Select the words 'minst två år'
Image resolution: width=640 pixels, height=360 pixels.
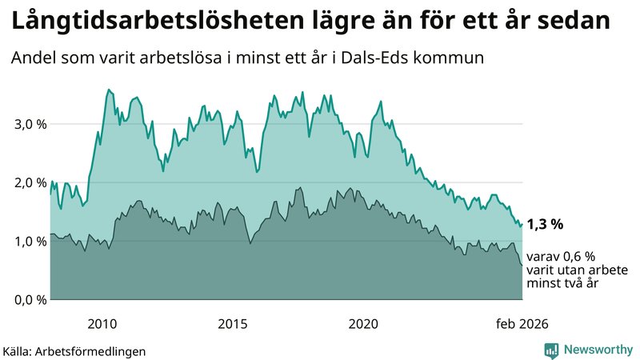[x=562, y=283]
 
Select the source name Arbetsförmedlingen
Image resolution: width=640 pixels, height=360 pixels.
[x=95, y=350]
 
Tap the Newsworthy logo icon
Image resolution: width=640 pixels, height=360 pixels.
[x=551, y=350]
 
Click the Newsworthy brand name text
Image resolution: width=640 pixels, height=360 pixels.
[x=597, y=350]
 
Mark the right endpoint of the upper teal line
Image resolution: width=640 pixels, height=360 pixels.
[x=522, y=224]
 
